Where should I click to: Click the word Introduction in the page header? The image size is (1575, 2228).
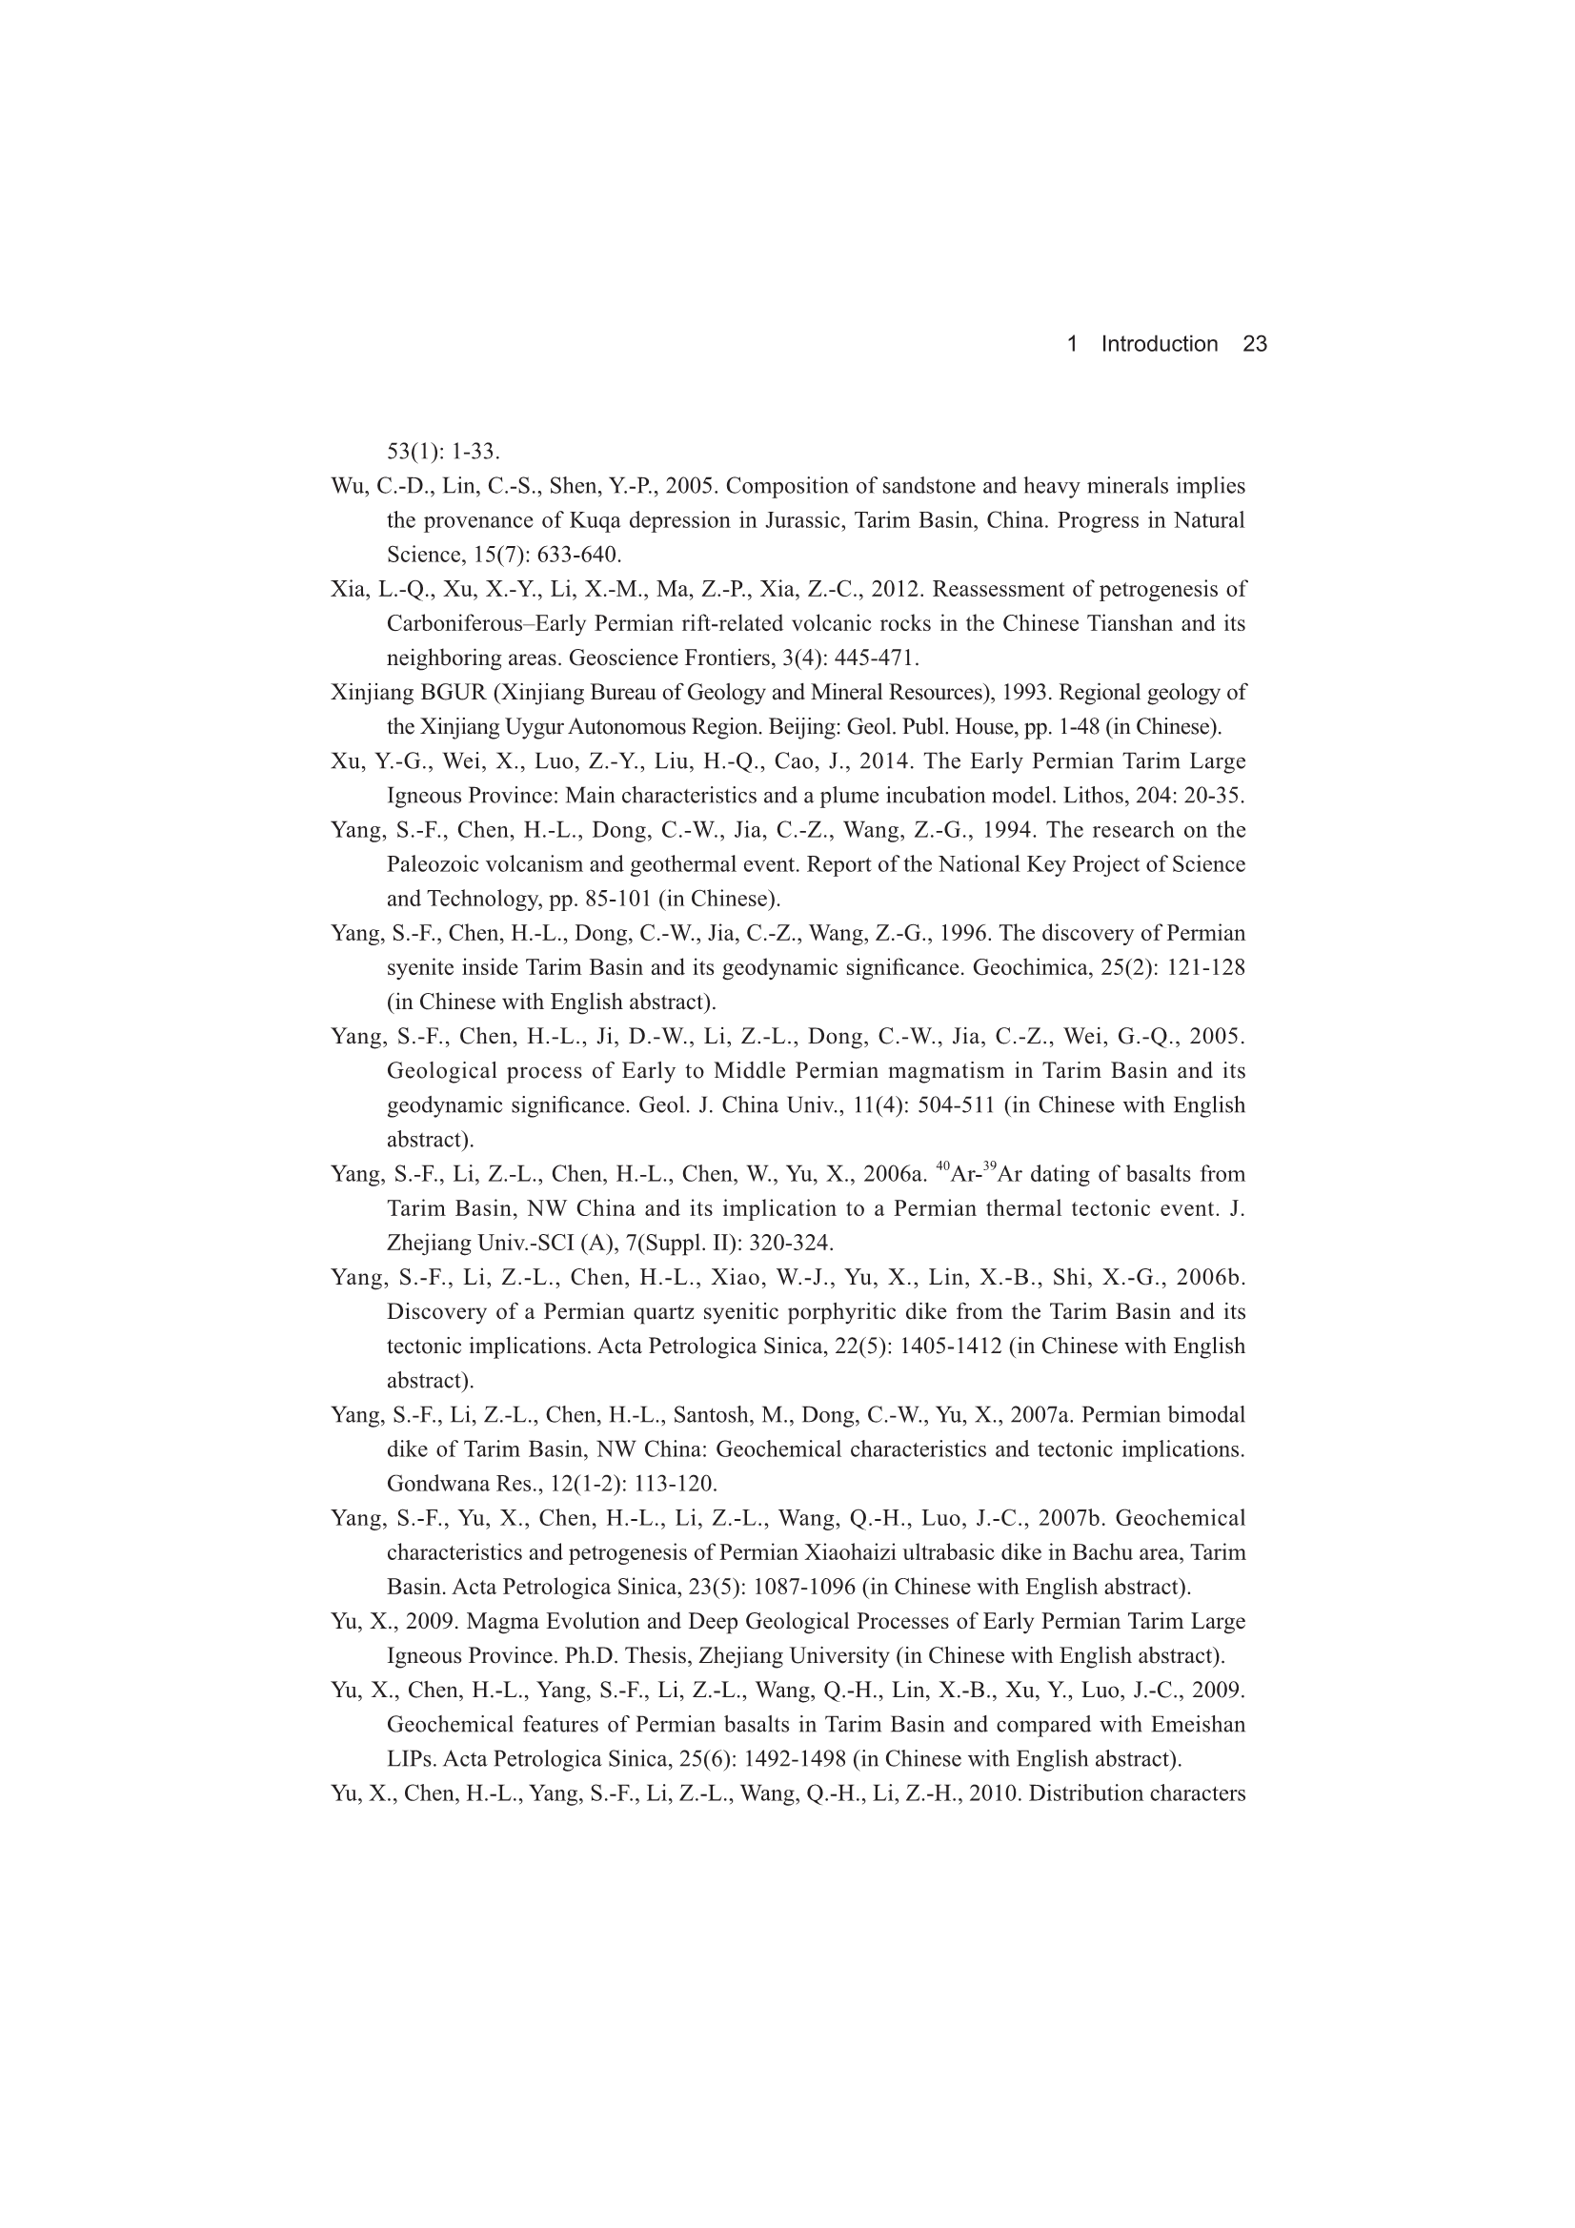click(1159, 343)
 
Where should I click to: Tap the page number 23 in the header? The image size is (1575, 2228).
click(1255, 343)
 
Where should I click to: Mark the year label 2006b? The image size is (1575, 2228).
click(1210, 1277)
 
